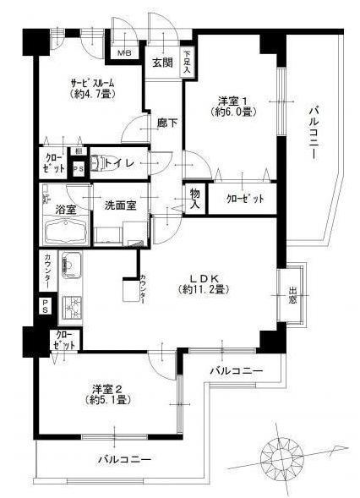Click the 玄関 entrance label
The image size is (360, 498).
click(161, 62)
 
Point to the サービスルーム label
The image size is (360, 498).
click(92, 82)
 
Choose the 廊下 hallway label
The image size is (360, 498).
click(166, 123)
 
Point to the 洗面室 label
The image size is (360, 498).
click(121, 204)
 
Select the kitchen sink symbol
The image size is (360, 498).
click(69, 270)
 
